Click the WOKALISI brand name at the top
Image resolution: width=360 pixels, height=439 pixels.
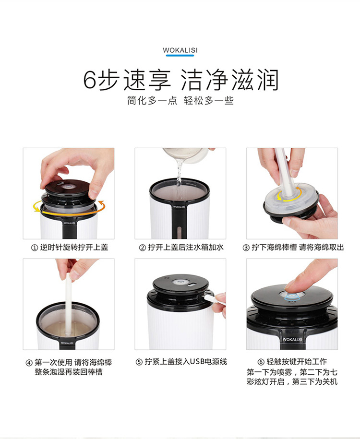click(180, 50)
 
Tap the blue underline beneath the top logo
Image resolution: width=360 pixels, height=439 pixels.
click(180, 56)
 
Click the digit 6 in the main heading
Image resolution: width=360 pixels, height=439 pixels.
click(90, 80)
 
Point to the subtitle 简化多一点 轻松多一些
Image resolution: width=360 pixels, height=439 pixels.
click(180, 100)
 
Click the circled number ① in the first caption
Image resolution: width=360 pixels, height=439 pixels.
click(34, 248)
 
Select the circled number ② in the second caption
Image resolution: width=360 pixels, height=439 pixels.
click(142, 248)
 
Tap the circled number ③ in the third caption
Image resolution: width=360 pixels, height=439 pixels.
click(246, 248)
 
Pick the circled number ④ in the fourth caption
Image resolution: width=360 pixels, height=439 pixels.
click(29, 363)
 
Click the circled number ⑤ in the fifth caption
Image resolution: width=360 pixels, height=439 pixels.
click(139, 362)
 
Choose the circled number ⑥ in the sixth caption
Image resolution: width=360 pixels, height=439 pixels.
click(261, 362)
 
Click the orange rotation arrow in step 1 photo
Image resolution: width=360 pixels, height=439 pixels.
click(69, 214)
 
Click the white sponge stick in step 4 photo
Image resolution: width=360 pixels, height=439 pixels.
click(68, 303)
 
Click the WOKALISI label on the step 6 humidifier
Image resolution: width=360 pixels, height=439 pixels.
click(292, 339)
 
